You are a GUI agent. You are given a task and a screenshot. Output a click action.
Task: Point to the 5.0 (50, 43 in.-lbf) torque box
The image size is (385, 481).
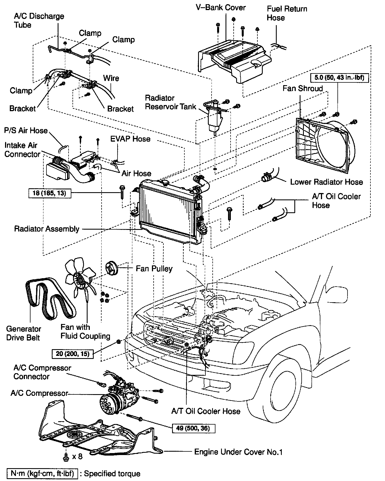339,77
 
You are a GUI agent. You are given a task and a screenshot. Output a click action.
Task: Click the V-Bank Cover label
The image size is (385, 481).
221,8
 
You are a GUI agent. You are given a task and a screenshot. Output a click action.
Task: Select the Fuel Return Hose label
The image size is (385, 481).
287,13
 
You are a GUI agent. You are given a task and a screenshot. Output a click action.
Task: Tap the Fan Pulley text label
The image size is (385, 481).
154,268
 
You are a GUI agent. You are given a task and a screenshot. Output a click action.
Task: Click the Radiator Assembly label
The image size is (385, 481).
47,229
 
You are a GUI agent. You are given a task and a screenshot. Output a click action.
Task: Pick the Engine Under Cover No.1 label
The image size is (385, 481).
238,452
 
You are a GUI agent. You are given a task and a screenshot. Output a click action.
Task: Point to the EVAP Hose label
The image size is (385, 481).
130,139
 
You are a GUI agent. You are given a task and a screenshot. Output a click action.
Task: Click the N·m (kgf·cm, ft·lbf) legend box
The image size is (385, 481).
42,474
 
